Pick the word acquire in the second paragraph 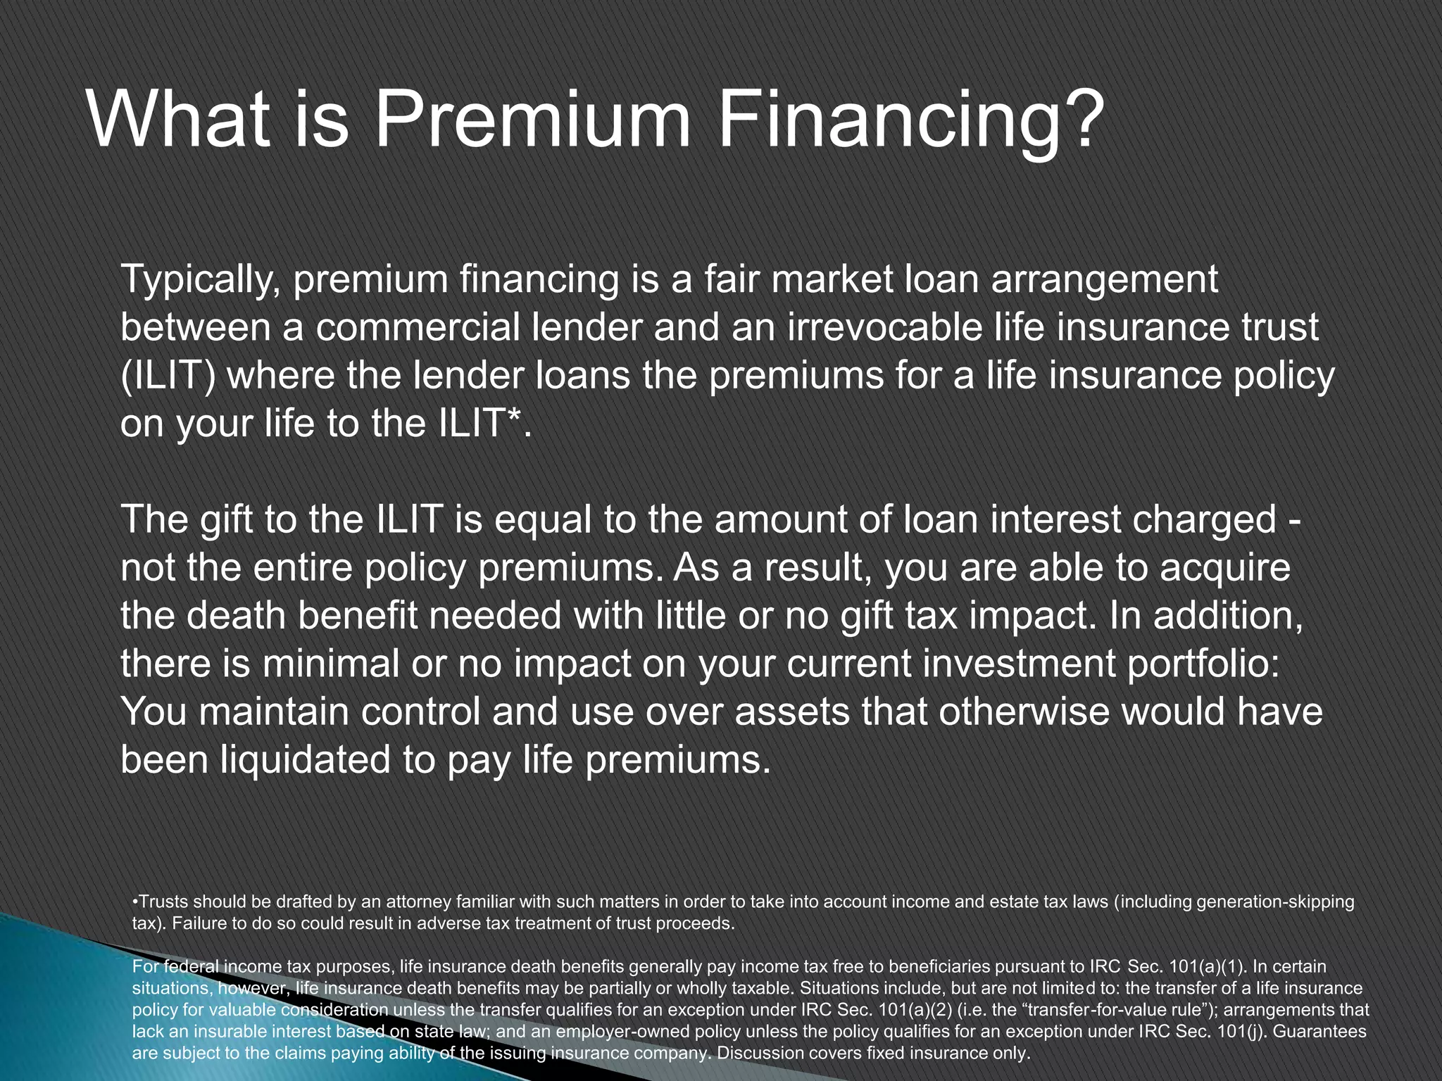click(x=1225, y=567)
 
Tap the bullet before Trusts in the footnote click(x=134, y=902)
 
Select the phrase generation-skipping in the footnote click(x=1275, y=902)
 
